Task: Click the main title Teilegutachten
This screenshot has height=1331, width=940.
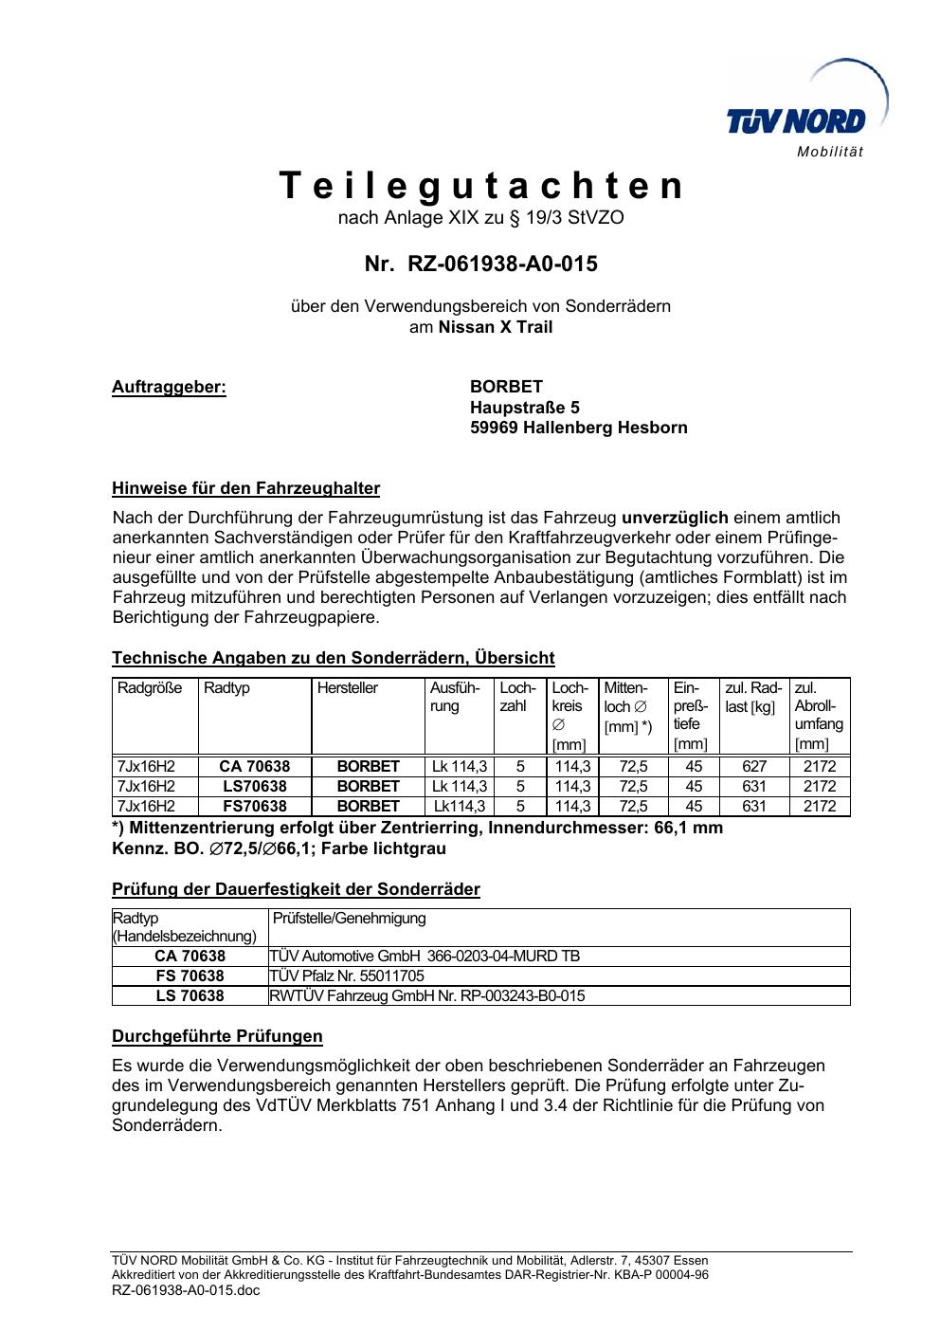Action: pos(481,186)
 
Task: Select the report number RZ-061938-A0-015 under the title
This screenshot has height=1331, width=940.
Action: pos(481,264)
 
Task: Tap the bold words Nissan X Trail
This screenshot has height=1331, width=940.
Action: pos(496,327)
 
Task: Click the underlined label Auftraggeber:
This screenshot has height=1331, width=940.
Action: pos(170,387)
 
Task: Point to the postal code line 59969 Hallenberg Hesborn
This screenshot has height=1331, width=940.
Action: pos(579,428)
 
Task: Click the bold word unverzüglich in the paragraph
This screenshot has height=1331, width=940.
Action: pos(675,518)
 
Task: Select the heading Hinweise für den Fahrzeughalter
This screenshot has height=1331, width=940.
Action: pos(246,489)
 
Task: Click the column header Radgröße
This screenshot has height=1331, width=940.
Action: pos(150,688)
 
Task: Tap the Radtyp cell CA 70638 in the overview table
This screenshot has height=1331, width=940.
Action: pos(255,766)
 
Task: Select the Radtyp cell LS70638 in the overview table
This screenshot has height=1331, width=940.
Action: pos(255,786)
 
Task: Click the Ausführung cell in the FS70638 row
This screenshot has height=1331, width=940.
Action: pos(460,807)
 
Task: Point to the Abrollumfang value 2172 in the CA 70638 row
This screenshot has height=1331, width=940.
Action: pos(820,766)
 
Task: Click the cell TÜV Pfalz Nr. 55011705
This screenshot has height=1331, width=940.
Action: pos(348,975)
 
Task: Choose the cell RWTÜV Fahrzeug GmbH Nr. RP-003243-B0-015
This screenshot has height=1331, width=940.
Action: pos(427,995)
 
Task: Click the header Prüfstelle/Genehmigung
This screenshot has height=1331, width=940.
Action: pos(350,918)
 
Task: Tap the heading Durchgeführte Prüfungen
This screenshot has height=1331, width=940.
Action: pos(218,1036)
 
